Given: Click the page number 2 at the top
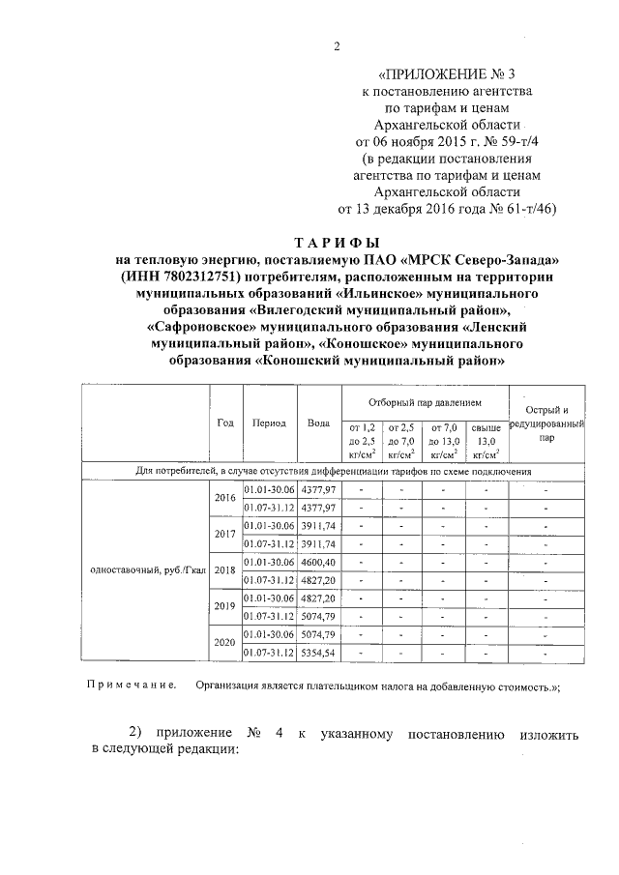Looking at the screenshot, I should [x=337, y=45].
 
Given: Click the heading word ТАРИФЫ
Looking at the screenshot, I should [x=338, y=243].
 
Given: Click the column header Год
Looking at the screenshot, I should [x=225, y=423].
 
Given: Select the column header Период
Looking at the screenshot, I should [x=268, y=423].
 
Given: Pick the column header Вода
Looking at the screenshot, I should [x=317, y=423].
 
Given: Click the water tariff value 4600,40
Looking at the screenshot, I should [x=317, y=562].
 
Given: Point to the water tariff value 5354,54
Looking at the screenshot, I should [x=317, y=653].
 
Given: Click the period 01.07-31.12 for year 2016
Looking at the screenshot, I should [x=269, y=507].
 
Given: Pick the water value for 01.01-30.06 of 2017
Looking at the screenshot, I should [x=317, y=525].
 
